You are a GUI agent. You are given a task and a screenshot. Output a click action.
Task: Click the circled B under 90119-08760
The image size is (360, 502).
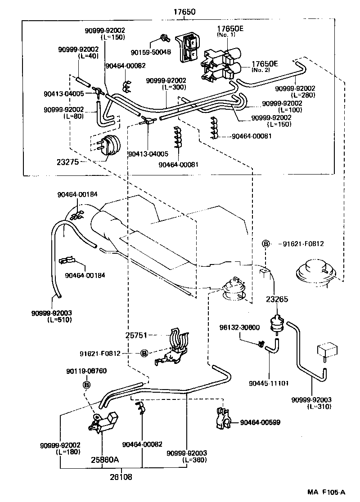click(86, 385)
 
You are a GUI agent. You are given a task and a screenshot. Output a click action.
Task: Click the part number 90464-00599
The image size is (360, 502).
click(260, 422)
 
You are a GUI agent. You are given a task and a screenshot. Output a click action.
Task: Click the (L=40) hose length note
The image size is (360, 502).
click(87, 56)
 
